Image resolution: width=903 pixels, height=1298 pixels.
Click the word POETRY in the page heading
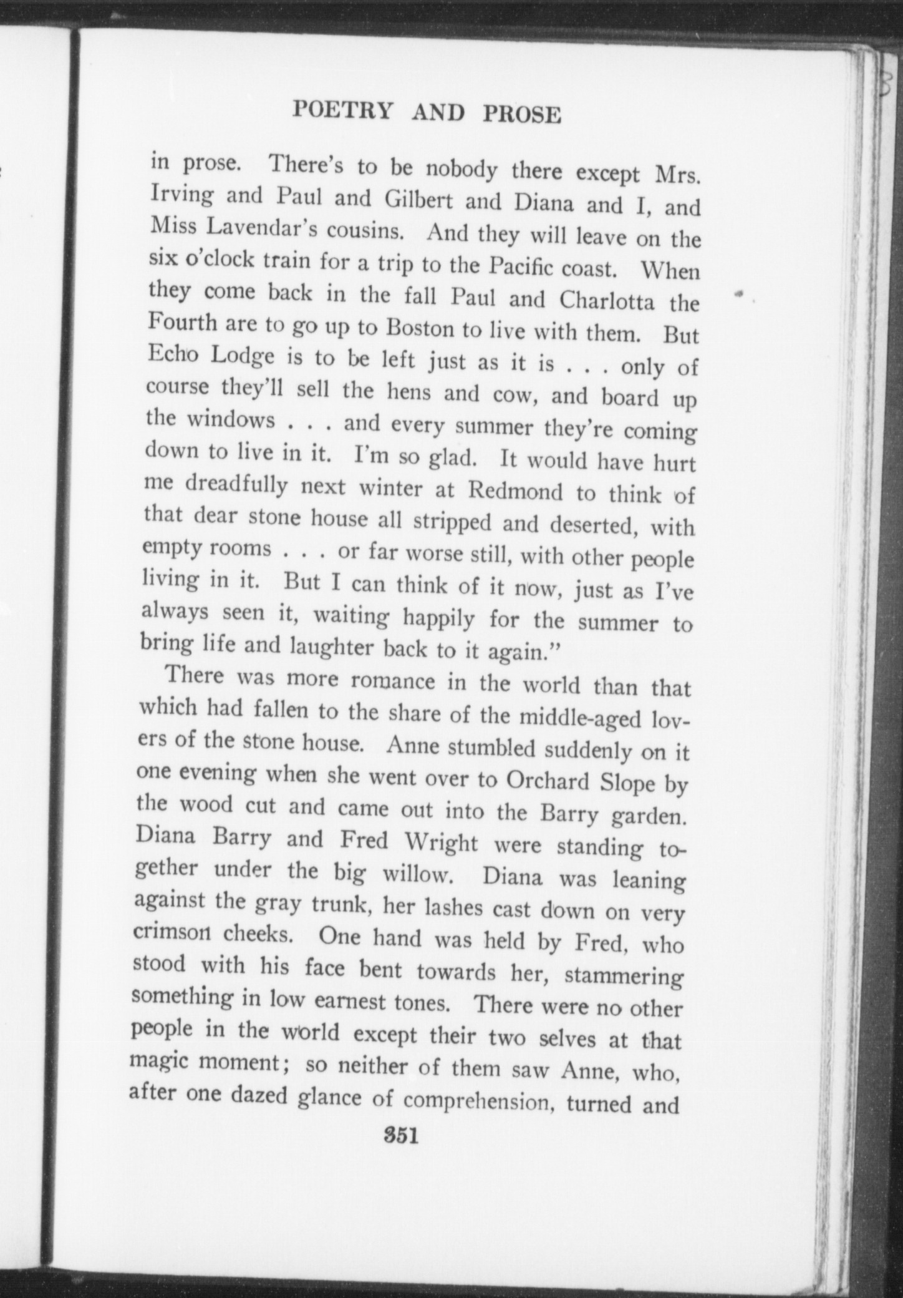(x=344, y=110)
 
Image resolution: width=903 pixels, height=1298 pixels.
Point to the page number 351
(x=400, y=1135)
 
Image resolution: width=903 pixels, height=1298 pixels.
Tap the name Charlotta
(x=607, y=301)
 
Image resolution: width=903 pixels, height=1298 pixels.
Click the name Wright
(x=441, y=842)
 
